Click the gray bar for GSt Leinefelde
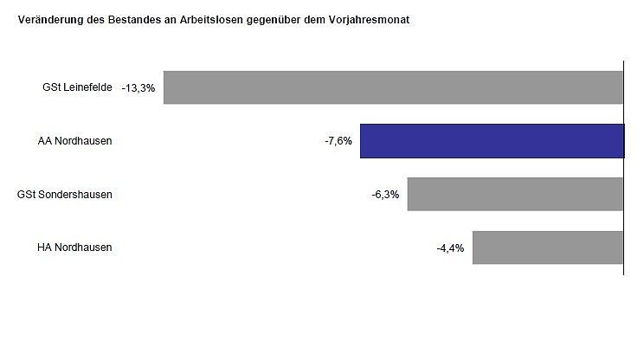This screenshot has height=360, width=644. tap(393, 87)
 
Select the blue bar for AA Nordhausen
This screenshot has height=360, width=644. tap(492, 141)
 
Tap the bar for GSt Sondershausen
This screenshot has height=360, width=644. tap(515, 194)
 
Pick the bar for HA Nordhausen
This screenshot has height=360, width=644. tap(548, 247)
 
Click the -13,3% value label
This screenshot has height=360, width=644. tap(138, 88)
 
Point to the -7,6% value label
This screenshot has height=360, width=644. tap(338, 141)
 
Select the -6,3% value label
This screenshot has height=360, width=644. tap(385, 195)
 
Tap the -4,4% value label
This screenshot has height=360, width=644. tap(450, 248)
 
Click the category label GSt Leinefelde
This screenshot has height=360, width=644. tap(77, 87)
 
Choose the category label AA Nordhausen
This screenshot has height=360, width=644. tap(74, 141)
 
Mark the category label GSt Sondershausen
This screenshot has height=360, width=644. tap(65, 194)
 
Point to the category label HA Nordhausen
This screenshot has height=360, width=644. tap(74, 247)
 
